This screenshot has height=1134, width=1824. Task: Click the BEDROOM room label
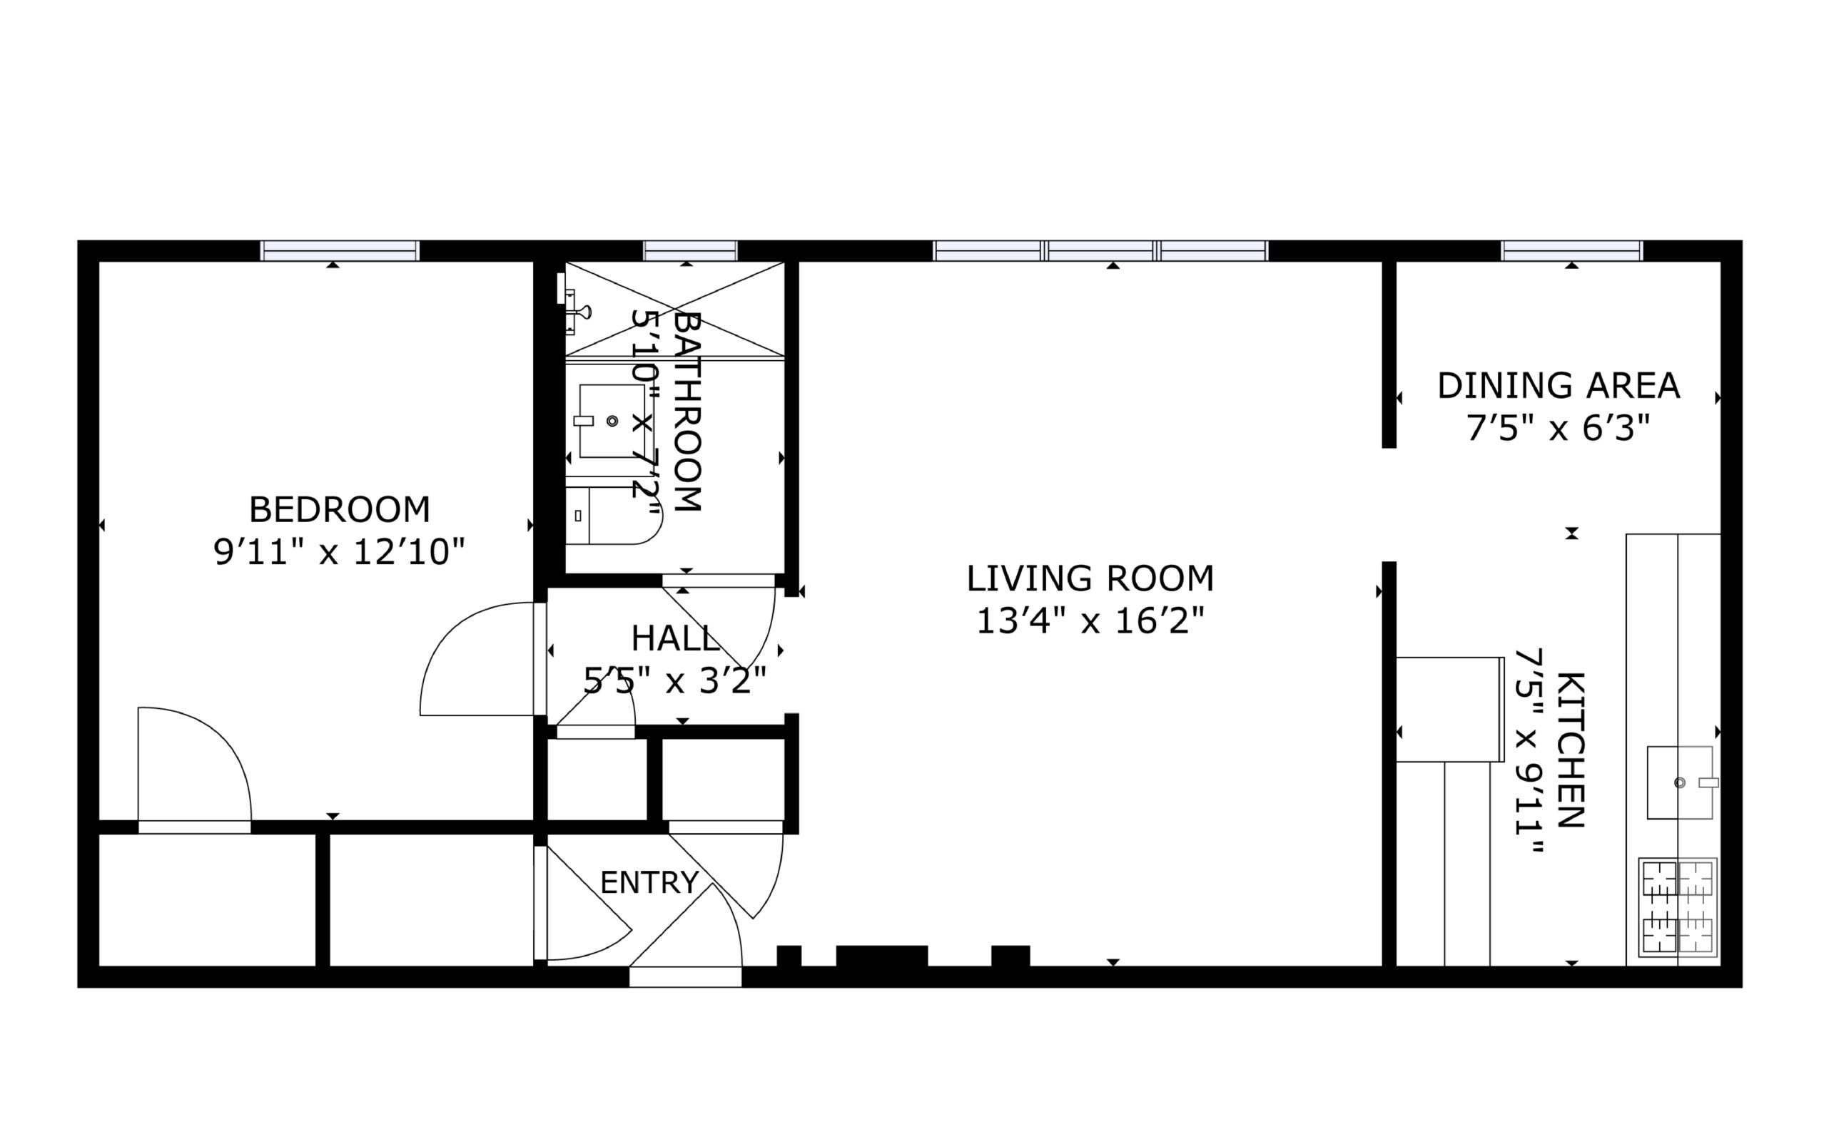(x=339, y=510)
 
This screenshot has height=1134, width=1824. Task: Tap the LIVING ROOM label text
(x=1090, y=578)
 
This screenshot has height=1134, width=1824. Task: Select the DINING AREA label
(x=1558, y=386)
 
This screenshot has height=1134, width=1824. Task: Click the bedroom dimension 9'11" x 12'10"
(x=339, y=553)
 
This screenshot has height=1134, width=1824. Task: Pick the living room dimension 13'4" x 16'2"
(x=1090, y=621)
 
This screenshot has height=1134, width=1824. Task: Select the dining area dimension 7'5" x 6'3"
(x=1558, y=429)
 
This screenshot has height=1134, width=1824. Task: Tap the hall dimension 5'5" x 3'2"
(x=674, y=681)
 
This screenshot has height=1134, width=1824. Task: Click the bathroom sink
(x=610, y=421)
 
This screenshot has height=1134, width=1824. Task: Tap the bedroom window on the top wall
(x=340, y=250)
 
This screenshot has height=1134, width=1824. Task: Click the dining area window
(x=1572, y=250)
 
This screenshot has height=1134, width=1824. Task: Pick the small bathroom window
(x=690, y=250)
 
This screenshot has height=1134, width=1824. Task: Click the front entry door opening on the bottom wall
(x=685, y=977)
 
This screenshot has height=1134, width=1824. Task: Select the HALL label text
(x=675, y=638)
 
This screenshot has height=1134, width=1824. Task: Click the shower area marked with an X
(x=674, y=308)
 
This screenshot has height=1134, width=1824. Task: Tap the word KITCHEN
(x=1571, y=750)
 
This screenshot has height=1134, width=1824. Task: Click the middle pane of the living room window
(x=1100, y=250)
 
